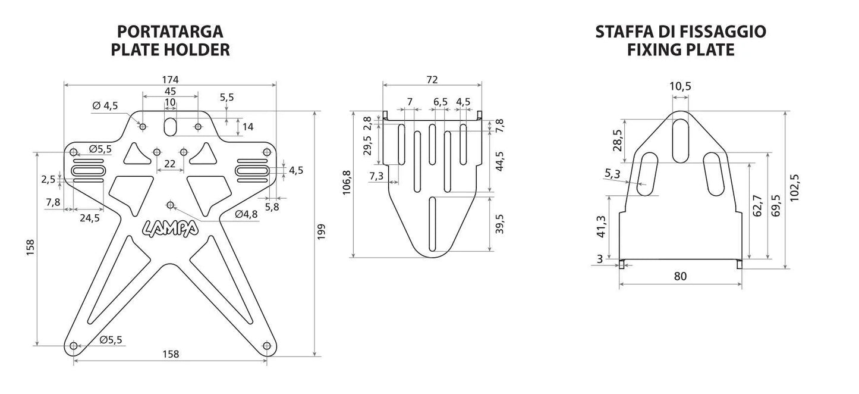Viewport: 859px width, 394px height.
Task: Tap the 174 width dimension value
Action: [170, 80]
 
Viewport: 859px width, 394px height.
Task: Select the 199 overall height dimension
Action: [321, 232]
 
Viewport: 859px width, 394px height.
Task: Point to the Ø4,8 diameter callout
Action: [246, 214]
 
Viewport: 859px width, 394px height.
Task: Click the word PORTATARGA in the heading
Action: [170, 32]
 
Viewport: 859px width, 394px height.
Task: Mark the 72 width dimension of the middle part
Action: [432, 80]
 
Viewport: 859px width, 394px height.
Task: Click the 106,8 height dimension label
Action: [347, 182]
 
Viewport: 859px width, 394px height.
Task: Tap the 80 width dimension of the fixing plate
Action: [680, 276]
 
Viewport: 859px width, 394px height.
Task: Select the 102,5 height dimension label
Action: [794, 187]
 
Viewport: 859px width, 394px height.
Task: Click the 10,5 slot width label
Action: [680, 86]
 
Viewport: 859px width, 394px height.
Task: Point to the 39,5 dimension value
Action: [499, 224]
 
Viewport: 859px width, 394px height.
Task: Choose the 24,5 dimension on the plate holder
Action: [90, 218]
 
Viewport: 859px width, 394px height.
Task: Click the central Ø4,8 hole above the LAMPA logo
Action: [170, 205]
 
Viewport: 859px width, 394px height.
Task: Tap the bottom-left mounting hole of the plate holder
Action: [74, 346]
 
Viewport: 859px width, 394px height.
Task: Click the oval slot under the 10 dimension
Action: [170, 127]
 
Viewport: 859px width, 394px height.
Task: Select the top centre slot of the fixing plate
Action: [681, 140]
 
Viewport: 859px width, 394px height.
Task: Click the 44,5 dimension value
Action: [499, 161]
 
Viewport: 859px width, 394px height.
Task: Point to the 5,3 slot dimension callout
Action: [612, 174]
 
